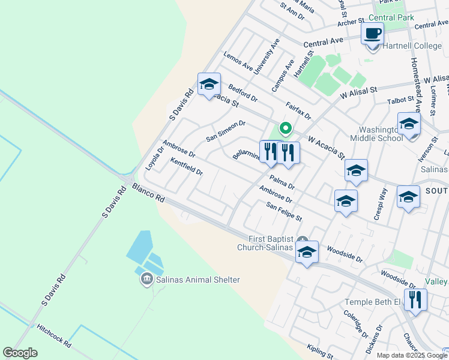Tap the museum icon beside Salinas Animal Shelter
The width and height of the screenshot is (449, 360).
point(146,280)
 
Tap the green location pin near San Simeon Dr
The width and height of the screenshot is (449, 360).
point(286,128)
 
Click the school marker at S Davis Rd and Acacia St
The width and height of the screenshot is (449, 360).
point(209,85)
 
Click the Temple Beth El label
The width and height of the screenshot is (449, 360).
point(372,302)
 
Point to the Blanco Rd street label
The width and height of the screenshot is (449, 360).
point(149,193)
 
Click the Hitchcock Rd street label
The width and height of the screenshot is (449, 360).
point(53,337)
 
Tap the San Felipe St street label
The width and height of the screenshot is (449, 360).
point(284,211)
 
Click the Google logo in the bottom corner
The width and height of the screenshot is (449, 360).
point(20,353)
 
